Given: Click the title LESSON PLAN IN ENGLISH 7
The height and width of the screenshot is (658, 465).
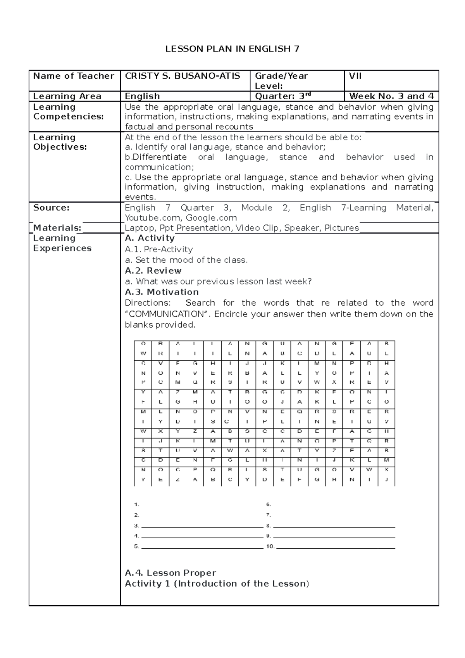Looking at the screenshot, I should point(232,49).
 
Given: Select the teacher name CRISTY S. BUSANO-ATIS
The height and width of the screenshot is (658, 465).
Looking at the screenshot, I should point(182,76).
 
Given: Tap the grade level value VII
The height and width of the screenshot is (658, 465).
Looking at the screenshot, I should point(355,76).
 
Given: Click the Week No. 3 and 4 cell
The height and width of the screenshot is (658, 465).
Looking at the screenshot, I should point(391,96).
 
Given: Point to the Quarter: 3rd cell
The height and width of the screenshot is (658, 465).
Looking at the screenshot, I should point(280,96).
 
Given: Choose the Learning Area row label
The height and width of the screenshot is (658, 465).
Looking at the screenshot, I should point(67,96).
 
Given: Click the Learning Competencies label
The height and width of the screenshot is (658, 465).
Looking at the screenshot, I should point(68,112).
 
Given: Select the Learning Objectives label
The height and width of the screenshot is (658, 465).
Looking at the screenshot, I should point(60,142).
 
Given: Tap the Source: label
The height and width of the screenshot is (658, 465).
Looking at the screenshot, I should point(51,208).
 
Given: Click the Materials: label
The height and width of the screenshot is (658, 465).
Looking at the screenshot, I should point(57,228).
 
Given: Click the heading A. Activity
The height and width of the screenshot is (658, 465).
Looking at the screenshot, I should point(150,238).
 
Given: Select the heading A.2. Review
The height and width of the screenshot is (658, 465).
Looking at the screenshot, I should point(153,270).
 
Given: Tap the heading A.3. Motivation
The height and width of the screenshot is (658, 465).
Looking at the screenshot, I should point(162,292).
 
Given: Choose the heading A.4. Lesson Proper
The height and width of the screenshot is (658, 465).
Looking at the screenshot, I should point(170,573).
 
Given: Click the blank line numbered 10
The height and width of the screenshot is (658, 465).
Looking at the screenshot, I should point(335,548).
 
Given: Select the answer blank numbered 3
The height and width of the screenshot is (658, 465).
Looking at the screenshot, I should point(202,527).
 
